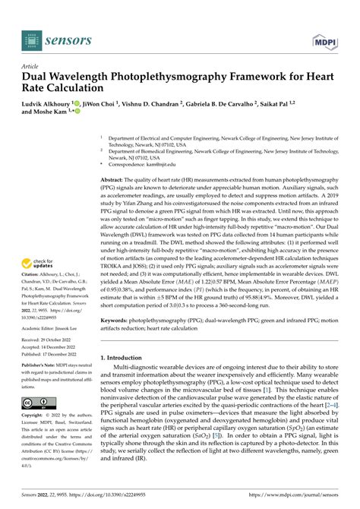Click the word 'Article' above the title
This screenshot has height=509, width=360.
32,66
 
